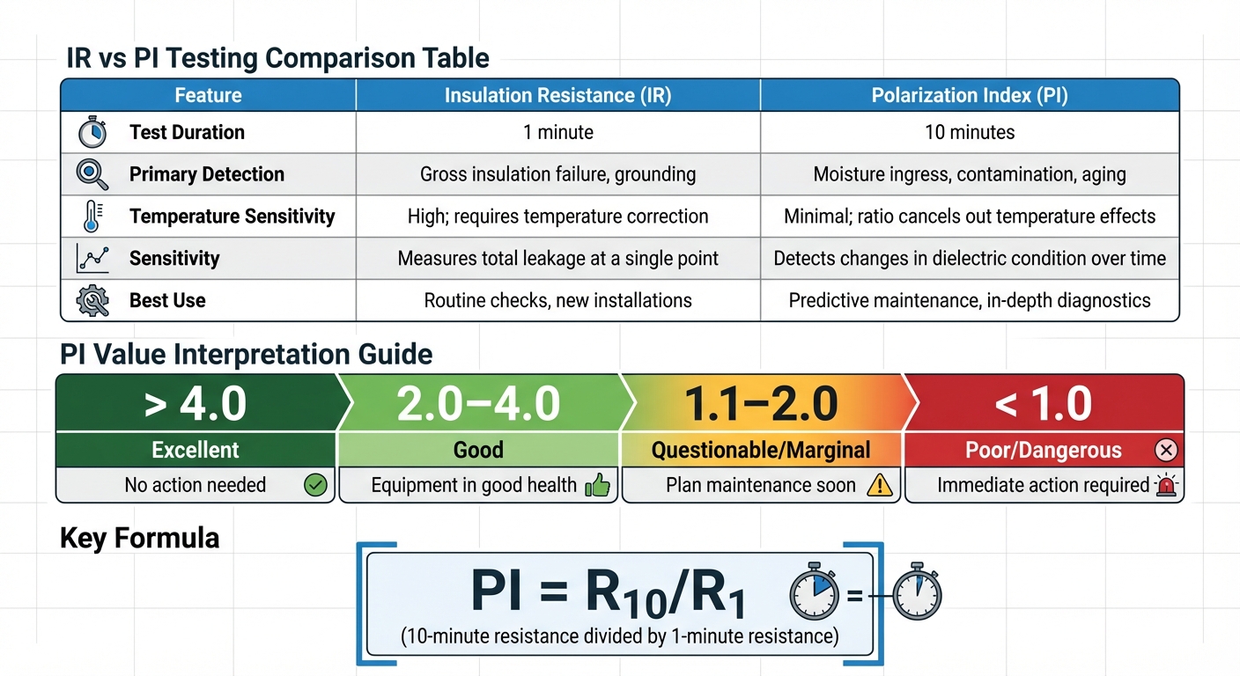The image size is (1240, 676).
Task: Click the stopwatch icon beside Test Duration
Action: pos(92,133)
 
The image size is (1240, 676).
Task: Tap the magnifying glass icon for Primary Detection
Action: pos(92,174)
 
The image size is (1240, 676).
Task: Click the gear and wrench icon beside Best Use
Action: pos(92,301)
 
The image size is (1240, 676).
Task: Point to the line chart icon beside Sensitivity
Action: pos(92,259)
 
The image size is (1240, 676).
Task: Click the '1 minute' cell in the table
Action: pos(557,133)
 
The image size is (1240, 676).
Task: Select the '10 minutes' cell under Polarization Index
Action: pos(970,133)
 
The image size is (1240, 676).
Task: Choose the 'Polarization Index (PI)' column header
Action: pos(970,95)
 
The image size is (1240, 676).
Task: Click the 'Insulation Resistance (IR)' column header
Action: pos(557,95)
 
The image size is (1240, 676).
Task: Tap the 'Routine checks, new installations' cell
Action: pos(557,301)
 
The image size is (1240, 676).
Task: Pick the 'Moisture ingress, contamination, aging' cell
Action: pos(970,174)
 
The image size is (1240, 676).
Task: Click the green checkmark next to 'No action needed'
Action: pos(314,485)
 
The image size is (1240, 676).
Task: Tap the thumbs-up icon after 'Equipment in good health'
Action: pos(597,485)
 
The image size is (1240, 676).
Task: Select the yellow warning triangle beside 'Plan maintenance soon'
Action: pos(879,485)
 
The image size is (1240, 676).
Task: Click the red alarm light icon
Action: pos(1166,485)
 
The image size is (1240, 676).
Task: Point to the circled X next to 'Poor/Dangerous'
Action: pos(1166,451)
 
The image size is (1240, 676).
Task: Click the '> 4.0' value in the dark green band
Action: pos(196,404)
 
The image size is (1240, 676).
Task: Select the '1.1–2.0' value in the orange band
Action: pos(761,404)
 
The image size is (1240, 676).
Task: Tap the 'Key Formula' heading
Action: pos(139,538)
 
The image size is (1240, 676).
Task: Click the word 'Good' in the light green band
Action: pos(478,451)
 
